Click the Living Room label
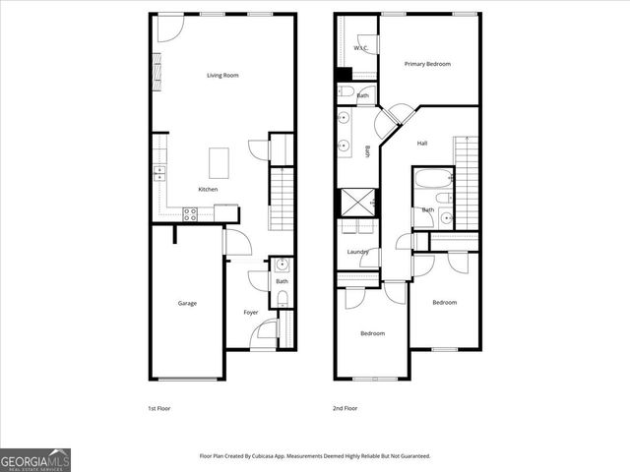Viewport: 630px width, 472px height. point(222,76)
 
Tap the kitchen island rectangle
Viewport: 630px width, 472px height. point(220,160)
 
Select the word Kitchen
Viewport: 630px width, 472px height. point(208,189)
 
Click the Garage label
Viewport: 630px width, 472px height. point(187,303)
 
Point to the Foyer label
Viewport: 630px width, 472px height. point(251,313)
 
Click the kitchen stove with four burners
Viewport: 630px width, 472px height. point(191,212)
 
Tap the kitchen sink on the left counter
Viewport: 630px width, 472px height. point(158,174)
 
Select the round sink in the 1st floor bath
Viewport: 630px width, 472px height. point(282,265)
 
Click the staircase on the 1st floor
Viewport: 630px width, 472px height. point(283,197)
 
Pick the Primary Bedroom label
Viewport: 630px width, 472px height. point(427,64)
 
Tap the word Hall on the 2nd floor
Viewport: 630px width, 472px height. point(422,144)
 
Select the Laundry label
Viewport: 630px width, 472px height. point(357,252)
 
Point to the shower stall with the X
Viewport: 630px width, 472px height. point(353,203)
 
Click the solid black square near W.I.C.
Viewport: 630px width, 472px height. point(344,74)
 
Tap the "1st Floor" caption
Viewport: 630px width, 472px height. point(159,407)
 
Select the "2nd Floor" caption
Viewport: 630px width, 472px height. point(346,407)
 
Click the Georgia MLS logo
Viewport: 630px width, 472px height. point(35,459)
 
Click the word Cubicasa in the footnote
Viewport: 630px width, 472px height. point(264,456)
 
